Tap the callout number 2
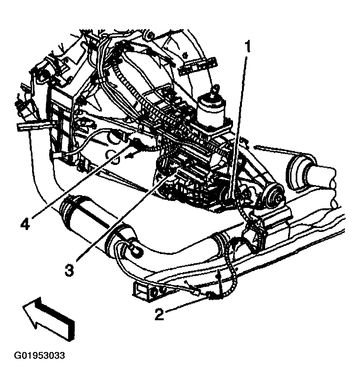tap(159, 314)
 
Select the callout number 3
tap(69, 270)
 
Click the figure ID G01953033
tap(39, 355)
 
